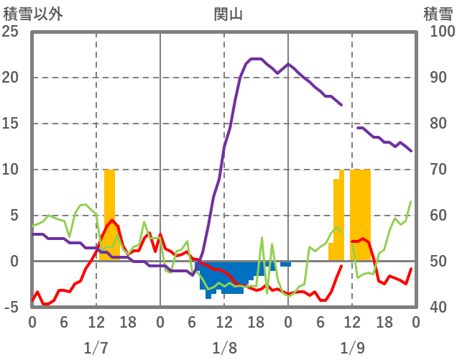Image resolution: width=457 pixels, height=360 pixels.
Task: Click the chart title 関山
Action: click(228, 13)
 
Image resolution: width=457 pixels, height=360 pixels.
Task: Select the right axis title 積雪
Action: click(437, 13)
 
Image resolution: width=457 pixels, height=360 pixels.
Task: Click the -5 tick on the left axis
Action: click(10, 308)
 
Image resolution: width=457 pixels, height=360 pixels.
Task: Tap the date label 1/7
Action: click(96, 348)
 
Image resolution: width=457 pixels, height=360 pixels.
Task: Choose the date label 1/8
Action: click(224, 348)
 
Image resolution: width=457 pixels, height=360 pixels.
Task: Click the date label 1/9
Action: click(352, 348)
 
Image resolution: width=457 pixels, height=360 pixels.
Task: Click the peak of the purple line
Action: click(256, 59)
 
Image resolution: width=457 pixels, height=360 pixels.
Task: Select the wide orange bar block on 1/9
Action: click(361, 214)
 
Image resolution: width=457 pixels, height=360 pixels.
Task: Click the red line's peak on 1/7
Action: click(111, 221)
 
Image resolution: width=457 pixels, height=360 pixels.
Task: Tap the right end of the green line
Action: click(411, 201)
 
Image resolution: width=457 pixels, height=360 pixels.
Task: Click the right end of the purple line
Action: click(411, 151)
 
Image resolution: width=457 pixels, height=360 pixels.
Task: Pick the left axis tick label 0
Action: click(13, 262)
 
